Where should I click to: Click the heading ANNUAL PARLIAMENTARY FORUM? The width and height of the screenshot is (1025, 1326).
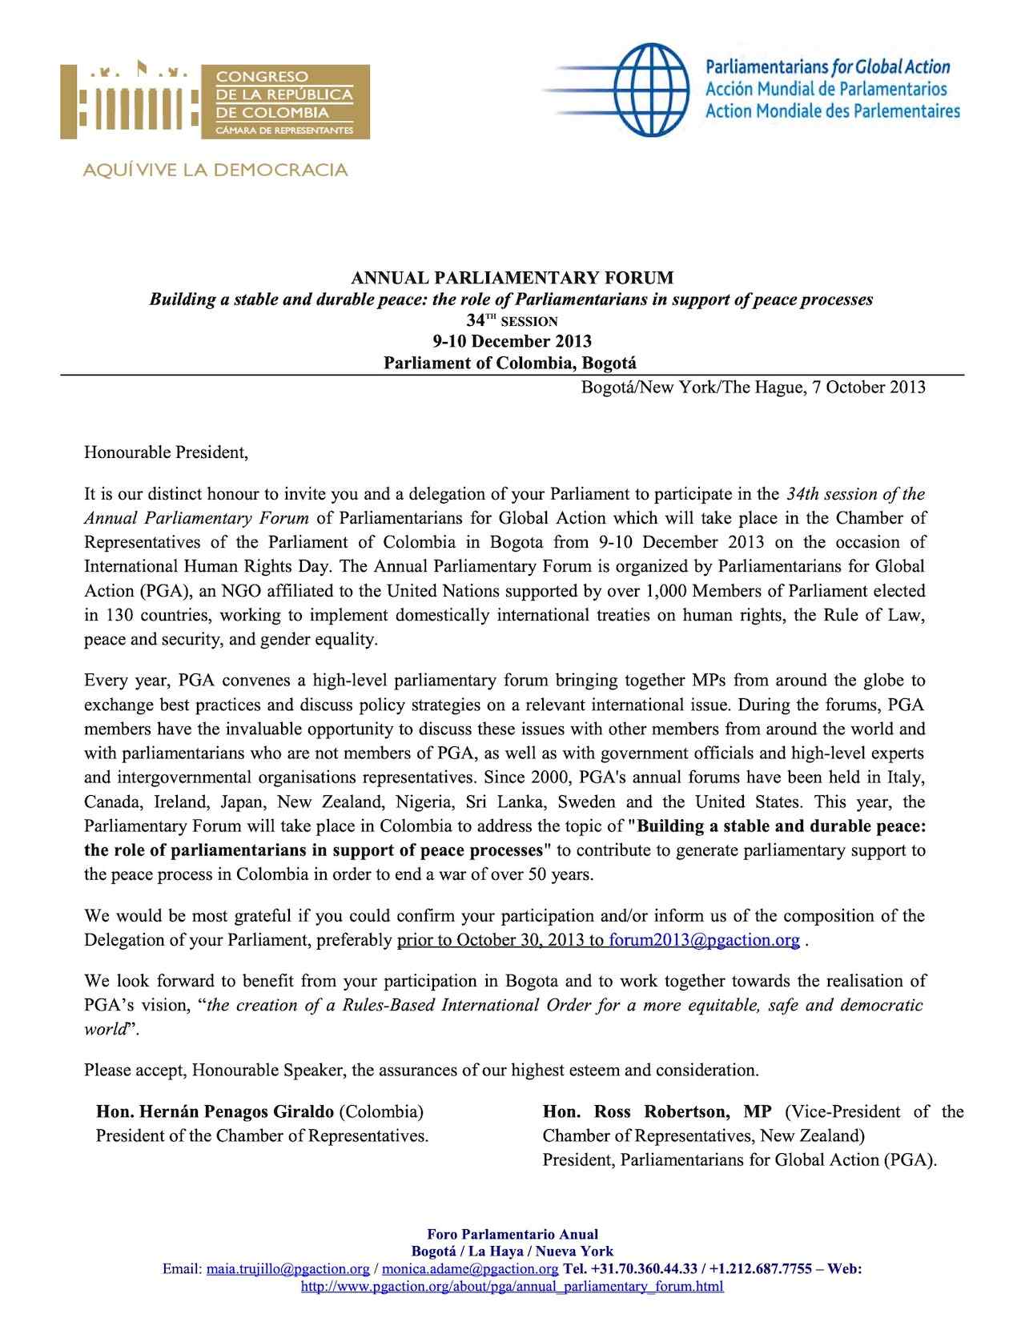[512, 279]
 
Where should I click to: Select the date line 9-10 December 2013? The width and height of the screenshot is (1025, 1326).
[512, 342]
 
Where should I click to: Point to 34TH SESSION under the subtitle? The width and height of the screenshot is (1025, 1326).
[512, 321]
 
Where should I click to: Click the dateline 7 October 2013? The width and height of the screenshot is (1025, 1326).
[865, 388]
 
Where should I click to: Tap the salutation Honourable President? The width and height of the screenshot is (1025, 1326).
[167, 452]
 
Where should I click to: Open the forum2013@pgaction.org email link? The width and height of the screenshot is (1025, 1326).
[704, 940]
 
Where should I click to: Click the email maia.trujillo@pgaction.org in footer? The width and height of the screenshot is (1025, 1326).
[287, 1270]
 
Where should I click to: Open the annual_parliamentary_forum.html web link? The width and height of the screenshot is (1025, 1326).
[512, 1287]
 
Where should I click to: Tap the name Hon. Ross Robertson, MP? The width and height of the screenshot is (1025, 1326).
[657, 1111]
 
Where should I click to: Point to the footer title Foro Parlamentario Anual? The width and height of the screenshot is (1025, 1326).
[512, 1235]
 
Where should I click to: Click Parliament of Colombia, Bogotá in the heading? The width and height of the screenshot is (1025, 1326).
[512, 363]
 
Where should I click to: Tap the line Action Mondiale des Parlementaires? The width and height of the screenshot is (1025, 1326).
[832, 110]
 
